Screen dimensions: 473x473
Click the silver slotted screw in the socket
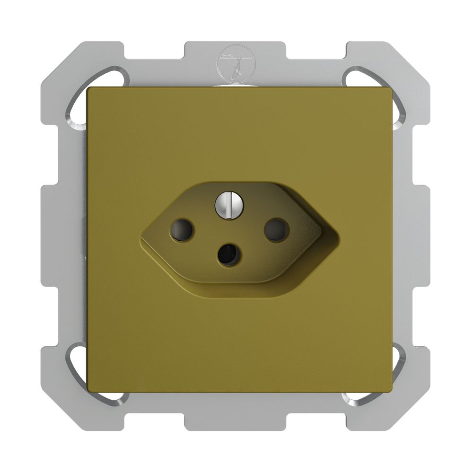point(228,204)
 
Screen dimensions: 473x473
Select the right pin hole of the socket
point(276,229)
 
